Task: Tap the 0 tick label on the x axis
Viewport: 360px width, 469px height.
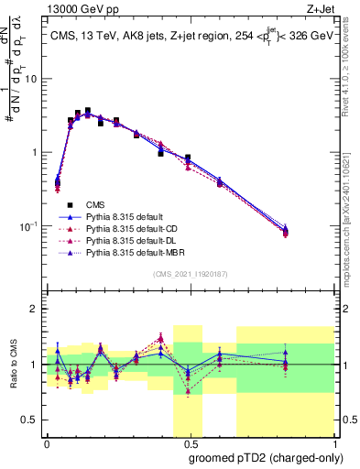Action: (x=47, y=444)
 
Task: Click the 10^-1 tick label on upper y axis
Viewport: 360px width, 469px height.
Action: (x=28, y=225)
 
